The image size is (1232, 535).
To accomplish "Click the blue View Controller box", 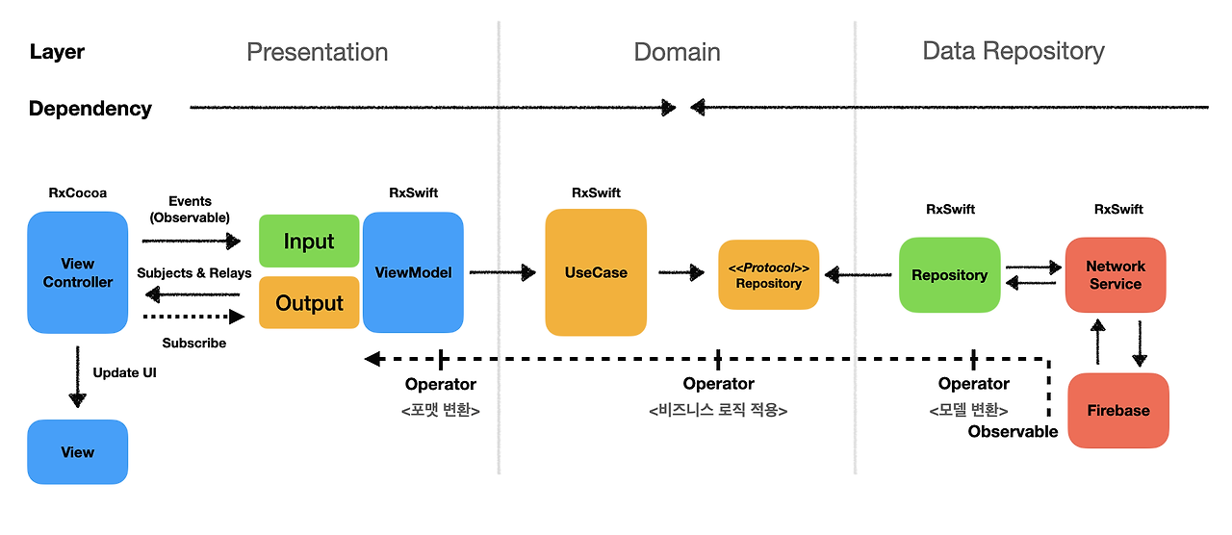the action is (x=78, y=272).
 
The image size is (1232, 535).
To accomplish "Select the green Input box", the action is (x=309, y=241).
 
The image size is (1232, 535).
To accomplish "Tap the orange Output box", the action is (x=309, y=302).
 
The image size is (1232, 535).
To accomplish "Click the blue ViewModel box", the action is (x=413, y=272).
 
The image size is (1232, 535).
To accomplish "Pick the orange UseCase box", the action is (x=596, y=272).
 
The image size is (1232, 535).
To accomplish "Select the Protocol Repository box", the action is (x=768, y=275).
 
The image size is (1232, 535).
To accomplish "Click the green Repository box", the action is (x=950, y=275).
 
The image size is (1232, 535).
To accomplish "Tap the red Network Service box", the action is (x=1116, y=275).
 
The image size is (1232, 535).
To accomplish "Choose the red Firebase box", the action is (x=1118, y=410).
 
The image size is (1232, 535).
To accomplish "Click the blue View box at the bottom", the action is (x=78, y=452).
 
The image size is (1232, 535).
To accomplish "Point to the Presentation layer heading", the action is (x=318, y=52).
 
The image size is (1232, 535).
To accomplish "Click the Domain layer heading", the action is (x=677, y=52).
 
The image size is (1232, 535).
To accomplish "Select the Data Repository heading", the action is (x=1014, y=52).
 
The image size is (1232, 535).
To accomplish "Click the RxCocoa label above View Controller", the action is (x=78, y=193).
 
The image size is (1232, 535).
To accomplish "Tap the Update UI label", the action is (x=125, y=372).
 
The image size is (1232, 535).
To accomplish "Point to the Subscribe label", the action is (x=194, y=344).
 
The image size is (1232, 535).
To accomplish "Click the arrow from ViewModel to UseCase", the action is (x=502, y=272).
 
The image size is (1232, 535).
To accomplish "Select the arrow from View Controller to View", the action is (x=78, y=377).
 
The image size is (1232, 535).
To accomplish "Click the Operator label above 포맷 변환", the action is (x=441, y=384).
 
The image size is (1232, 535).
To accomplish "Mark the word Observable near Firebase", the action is (x=1014, y=432).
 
